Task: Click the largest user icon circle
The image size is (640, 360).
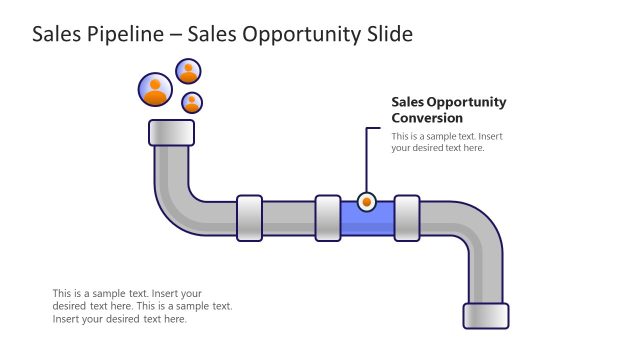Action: coord(155,90)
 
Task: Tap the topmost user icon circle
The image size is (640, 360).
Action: coord(188,71)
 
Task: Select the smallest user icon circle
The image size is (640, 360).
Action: coord(192,102)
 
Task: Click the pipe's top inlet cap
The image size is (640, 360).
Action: coord(171,132)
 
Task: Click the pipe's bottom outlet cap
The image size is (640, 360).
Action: coord(486,315)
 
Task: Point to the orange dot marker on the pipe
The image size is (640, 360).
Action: coord(367,202)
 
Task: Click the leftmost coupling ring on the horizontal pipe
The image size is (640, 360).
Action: coord(249,218)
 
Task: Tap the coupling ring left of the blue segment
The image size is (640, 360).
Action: coord(328,218)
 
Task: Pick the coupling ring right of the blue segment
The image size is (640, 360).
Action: coord(407,218)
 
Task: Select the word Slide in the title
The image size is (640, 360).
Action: coord(387,35)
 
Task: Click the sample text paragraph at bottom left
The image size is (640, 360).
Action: coord(142,306)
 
